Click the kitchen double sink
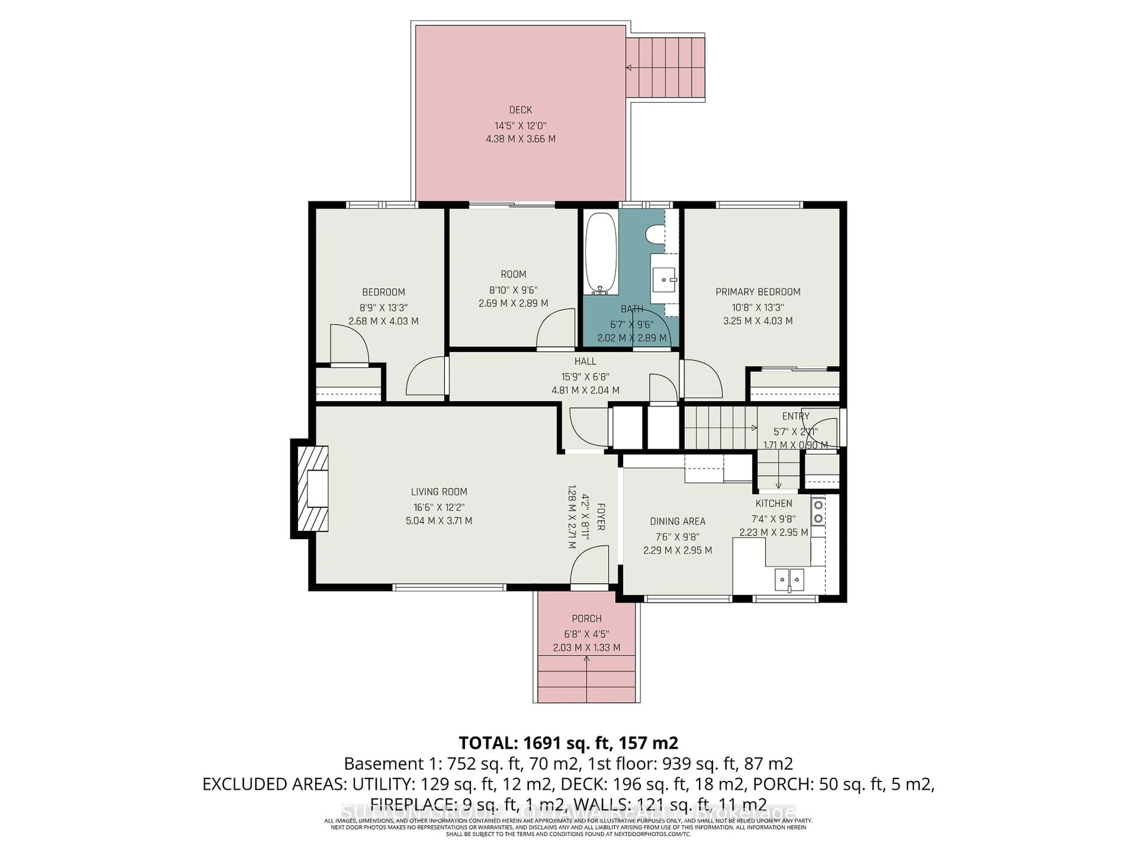click(789, 579)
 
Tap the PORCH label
click(587, 618)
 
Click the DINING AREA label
click(677, 521)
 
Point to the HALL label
click(585, 361)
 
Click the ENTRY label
click(795, 416)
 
